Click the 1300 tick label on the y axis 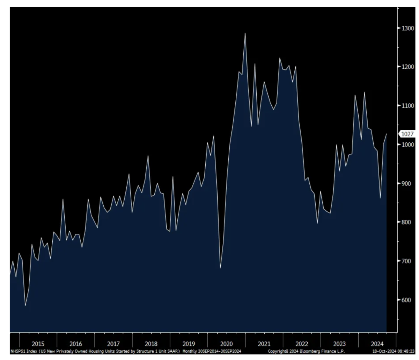pyautogui.click(x=407, y=28)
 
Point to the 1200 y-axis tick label pyautogui.click(x=407, y=67)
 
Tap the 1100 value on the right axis pyautogui.click(x=407, y=105)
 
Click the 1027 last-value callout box pyautogui.click(x=407, y=134)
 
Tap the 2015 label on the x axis pyautogui.click(x=38, y=344)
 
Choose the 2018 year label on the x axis pyautogui.click(x=151, y=344)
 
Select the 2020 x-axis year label pyautogui.click(x=226, y=344)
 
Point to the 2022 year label pyautogui.click(x=302, y=344)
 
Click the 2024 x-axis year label pyautogui.click(x=377, y=344)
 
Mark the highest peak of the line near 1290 pyautogui.click(x=245, y=33)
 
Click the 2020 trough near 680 pyautogui.click(x=220, y=268)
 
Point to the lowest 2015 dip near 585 pyautogui.click(x=25, y=306)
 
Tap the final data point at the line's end pyautogui.click(x=387, y=134)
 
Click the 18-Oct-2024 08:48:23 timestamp pyautogui.click(x=393, y=351)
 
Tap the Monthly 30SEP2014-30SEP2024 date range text pyautogui.click(x=212, y=351)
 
